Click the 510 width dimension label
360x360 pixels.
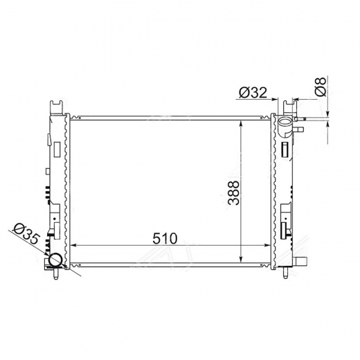[165, 238]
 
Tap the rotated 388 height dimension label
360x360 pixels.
[233, 192]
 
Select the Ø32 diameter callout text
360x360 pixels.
[253, 93]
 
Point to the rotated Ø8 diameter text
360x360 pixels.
[321, 87]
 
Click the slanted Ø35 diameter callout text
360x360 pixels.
[26, 233]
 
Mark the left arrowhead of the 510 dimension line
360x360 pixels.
[73, 246]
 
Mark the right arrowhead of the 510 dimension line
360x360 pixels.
[267, 246]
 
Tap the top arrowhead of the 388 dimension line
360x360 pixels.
[241, 124]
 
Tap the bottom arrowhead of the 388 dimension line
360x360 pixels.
[241, 259]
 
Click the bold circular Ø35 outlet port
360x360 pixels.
[55, 260]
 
